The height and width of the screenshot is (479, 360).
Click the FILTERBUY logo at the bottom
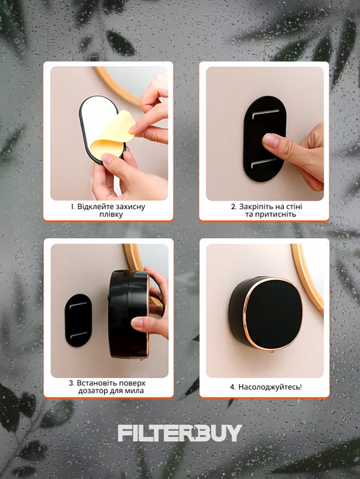(180, 433)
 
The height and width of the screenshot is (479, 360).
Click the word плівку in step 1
(111, 214)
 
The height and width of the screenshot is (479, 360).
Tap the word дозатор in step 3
(91, 391)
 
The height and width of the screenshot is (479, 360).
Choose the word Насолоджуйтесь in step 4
(269, 387)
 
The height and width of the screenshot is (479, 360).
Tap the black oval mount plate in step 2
(265, 138)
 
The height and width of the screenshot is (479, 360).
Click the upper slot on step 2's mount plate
(265, 113)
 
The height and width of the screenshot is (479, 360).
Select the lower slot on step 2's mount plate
(263, 163)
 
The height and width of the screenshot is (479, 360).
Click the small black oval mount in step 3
(78, 320)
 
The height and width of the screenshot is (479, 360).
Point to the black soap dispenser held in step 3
(129, 314)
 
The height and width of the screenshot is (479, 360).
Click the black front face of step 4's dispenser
(274, 314)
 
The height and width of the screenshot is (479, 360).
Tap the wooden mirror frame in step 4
(307, 278)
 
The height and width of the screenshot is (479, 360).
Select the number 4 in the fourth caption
(232, 387)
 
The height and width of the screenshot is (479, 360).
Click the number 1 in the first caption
(72, 207)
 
